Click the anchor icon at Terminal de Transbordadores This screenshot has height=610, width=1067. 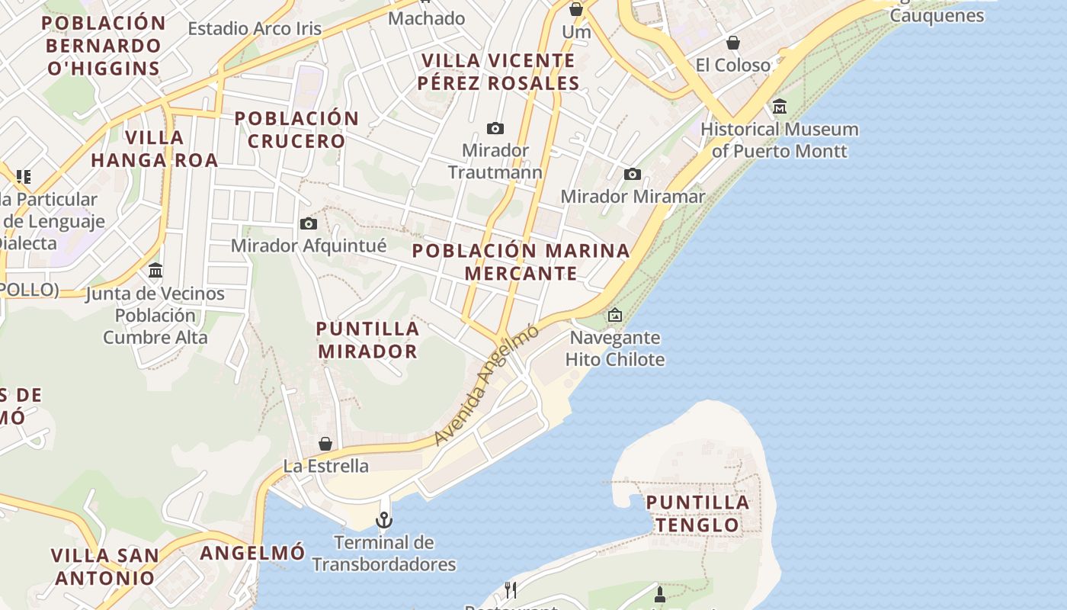(384, 521)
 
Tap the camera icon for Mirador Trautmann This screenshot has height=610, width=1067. (495, 128)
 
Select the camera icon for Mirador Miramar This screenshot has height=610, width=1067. (632, 175)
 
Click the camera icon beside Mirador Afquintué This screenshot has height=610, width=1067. (309, 223)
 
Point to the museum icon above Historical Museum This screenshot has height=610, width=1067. (779, 107)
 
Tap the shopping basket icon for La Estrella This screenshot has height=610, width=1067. (325, 444)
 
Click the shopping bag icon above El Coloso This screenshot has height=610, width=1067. (732, 43)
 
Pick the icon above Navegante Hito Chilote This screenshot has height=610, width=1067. (615, 314)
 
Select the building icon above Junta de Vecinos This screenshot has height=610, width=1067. (155, 271)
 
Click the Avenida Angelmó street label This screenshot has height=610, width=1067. (486, 385)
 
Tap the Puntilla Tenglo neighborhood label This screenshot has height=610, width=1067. (697, 513)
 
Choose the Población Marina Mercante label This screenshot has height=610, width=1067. (521, 262)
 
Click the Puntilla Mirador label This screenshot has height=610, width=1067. (367, 340)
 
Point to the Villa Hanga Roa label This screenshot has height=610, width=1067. (154, 149)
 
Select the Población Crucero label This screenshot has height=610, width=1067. (296, 130)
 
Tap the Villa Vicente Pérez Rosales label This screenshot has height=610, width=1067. (498, 72)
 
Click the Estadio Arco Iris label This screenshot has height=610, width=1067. (255, 29)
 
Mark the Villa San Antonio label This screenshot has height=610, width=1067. (105, 566)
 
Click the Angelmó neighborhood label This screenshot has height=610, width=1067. (252, 552)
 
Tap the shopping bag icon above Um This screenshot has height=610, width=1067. (576, 10)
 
